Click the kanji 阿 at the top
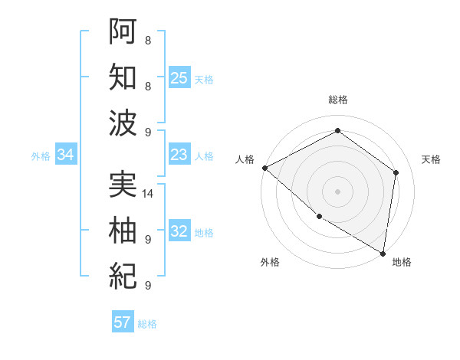(123, 31)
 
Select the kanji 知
(123, 77)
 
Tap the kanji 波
(123, 122)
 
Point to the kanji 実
(123, 184)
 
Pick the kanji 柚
(123, 229)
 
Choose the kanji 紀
(123, 274)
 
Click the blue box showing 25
(179, 77)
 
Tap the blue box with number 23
(179, 155)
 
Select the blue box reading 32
(179, 232)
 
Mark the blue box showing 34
(65, 155)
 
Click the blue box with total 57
(123, 322)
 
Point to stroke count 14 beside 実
(149, 194)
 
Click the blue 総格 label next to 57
(147, 324)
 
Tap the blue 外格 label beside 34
(41, 156)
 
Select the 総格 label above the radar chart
(337, 100)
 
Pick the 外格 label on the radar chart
(270, 262)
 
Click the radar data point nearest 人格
(264, 168)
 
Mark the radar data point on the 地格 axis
(383, 253)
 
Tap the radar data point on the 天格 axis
(396, 172)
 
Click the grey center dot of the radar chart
(337, 191)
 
